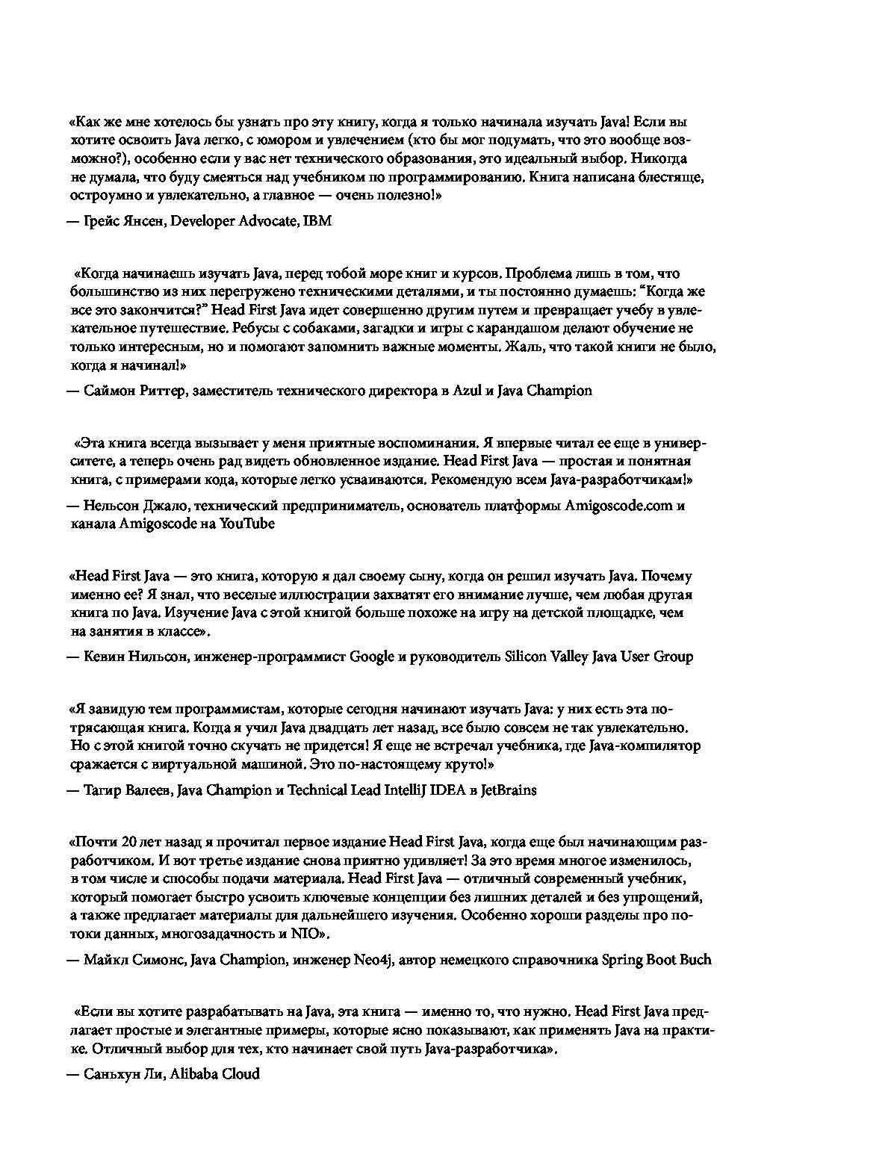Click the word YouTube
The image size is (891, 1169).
[x=246, y=524]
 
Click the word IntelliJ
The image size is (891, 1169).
[x=407, y=790]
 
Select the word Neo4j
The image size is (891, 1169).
[x=373, y=960]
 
